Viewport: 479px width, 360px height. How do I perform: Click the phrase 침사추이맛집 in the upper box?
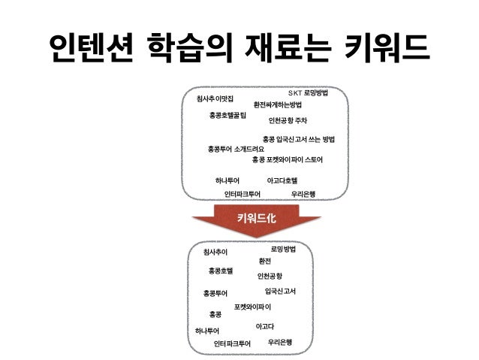point(215,98)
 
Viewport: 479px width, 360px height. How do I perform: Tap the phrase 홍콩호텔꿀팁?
point(233,115)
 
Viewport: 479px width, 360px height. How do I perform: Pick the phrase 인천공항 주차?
point(293,119)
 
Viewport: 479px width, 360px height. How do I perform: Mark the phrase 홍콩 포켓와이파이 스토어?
point(288,159)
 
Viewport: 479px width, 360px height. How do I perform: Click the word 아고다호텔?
point(282,180)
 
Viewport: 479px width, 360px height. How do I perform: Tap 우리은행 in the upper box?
point(303,193)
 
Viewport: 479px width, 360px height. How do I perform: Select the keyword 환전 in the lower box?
point(264,261)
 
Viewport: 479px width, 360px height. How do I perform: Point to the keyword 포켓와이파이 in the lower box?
point(252,307)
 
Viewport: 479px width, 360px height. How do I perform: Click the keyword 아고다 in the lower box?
point(264,326)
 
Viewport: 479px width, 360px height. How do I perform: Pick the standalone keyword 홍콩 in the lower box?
point(215,313)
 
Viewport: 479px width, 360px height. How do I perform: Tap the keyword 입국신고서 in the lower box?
point(280,290)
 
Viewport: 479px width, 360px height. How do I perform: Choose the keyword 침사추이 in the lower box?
point(215,251)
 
